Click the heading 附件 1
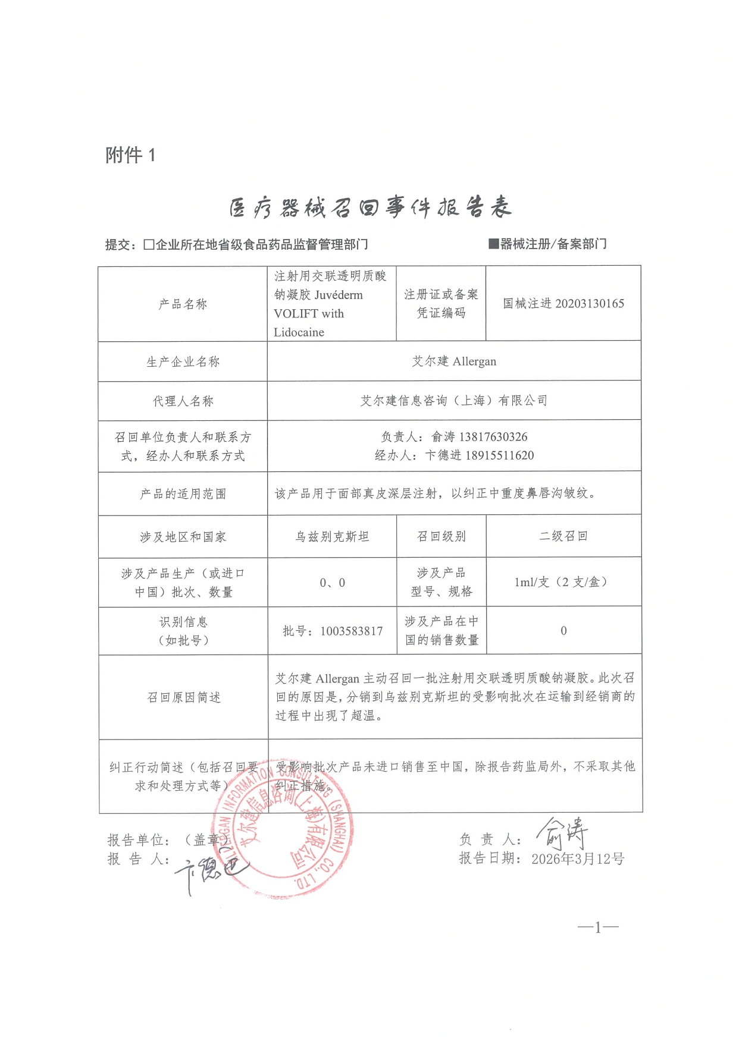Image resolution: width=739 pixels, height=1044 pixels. click(x=130, y=155)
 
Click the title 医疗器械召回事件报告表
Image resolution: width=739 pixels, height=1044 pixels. click(x=370, y=207)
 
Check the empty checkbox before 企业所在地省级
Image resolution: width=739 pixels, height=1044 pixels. click(x=149, y=244)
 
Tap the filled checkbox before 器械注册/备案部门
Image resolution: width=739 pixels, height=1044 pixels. click(x=493, y=243)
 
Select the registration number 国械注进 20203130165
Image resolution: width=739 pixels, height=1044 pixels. click(x=563, y=304)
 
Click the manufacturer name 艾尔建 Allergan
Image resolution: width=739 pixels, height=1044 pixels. click(x=454, y=361)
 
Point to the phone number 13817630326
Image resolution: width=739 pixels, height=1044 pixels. click(x=493, y=437)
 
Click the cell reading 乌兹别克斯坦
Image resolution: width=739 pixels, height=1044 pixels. click(x=332, y=537)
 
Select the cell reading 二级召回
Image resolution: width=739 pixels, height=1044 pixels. click(x=563, y=536)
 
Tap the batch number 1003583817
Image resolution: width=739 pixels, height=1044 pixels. click(x=351, y=631)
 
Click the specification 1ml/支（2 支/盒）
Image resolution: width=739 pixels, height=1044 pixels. click(x=560, y=582)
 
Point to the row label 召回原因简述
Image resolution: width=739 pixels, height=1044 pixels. click(x=183, y=697)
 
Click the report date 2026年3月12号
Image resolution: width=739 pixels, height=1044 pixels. click(x=577, y=859)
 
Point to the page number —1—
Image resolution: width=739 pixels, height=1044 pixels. click(x=598, y=927)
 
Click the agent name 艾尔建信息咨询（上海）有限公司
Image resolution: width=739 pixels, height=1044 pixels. click(x=454, y=401)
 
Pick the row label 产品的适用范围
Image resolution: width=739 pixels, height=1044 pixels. click(x=183, y=494)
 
